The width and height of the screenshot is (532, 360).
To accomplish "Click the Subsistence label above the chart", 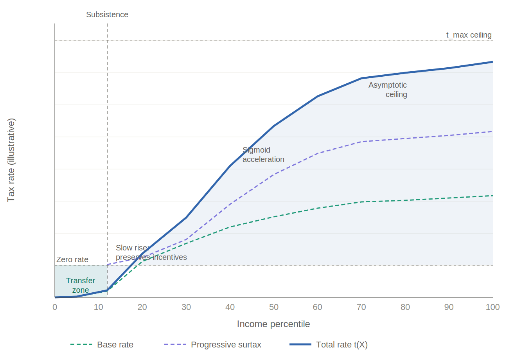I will point(107,14).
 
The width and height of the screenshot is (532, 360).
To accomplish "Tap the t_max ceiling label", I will point(469,35).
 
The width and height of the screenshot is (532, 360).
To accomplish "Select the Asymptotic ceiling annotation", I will point(388,90).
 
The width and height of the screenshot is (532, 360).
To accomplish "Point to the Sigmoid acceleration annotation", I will point(263,155).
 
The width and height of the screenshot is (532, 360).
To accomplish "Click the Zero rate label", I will point(72,259).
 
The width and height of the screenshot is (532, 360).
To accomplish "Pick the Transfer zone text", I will point(81,285).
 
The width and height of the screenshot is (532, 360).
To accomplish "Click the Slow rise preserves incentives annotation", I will point(151,252).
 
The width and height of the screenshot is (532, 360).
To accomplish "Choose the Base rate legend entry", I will point(102,345).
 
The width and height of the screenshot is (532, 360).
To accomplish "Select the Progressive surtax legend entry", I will point(213,345).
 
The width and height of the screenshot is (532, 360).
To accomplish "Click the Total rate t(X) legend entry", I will point(329,345).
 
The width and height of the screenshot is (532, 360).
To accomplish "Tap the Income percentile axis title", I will point(273,324).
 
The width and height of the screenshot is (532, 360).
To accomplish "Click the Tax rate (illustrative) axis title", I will point(11,160).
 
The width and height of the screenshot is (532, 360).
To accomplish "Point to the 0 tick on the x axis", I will point(55,307).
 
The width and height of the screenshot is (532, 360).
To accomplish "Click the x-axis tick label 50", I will point(274,307).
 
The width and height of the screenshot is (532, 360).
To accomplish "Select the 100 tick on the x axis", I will point(492,307).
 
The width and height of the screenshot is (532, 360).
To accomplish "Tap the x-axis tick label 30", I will point(186,307).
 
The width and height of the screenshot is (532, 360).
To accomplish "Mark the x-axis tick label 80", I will point(405,307).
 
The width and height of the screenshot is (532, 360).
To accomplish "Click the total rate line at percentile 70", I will point(361,78).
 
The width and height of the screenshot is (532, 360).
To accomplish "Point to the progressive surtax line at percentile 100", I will point(492,131).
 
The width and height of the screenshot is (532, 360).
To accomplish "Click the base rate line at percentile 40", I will point(230,227).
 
